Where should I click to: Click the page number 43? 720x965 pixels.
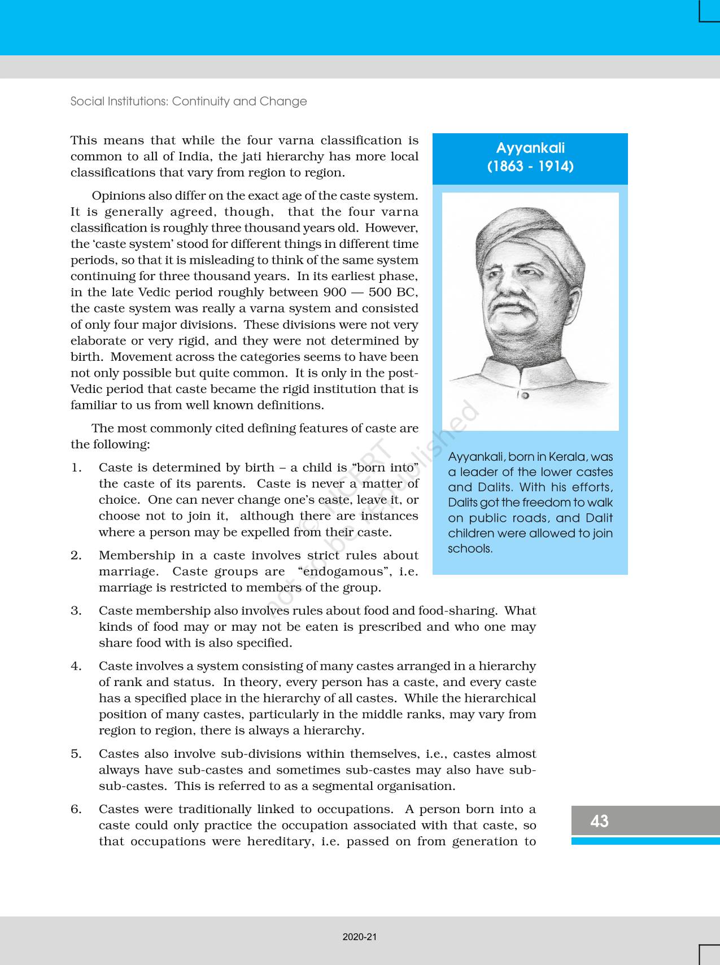click(599, 821)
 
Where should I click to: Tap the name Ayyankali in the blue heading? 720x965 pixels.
click(530, 148)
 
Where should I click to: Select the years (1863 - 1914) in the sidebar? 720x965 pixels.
click(530, 167)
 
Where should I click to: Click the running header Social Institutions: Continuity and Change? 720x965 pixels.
click(189, 102)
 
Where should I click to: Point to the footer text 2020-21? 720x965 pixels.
click(360, 937)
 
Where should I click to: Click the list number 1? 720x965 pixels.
click(76, 468)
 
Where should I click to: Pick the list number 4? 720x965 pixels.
click(76, 666)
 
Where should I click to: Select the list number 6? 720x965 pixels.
click(76, 809)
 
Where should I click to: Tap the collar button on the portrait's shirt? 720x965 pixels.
click(525, 395)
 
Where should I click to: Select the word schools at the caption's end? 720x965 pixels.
click(470, 548)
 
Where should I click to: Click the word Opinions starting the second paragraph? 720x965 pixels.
click(118, 196)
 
